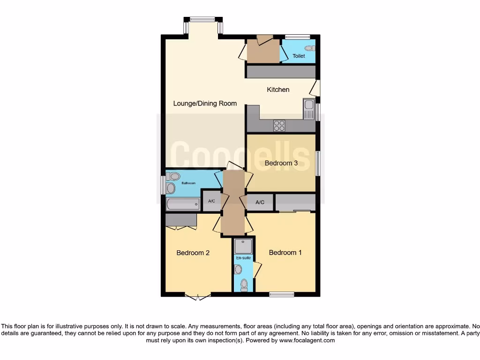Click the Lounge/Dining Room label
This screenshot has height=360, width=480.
point(205,104)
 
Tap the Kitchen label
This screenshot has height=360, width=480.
point(278,90)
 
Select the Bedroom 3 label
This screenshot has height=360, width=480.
point(281,163)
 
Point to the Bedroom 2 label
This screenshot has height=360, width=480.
point(193,253)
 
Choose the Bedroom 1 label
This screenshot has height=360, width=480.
point(285,253)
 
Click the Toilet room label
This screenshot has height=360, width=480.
point(299,56)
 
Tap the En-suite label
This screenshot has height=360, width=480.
point(243,258)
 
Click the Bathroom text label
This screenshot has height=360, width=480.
point(188,183)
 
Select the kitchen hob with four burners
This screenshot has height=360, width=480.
point(279,126)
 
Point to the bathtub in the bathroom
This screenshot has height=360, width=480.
point(183,204)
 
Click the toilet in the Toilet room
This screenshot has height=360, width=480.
point(309,48)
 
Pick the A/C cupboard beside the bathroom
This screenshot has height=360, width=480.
point(211,202)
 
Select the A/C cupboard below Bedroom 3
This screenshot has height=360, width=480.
point(260,202)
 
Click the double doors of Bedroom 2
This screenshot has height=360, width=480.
point(197,296)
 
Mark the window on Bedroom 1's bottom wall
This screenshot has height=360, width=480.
point(282,294)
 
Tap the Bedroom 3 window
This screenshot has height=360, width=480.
point(317,163)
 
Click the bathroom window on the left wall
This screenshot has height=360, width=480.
point(163,184)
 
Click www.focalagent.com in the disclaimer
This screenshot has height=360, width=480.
point(307,341)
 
